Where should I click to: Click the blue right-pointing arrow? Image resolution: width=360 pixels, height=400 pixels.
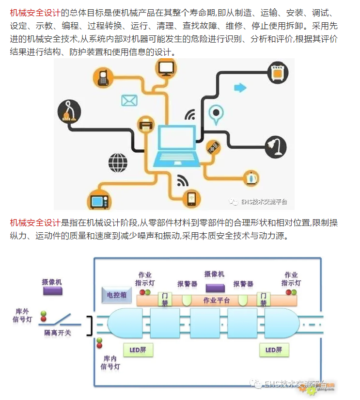pos(240,88)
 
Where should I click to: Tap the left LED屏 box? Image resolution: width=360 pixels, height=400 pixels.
pos(137,349)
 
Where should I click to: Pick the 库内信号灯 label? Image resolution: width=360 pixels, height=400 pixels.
pos(110,362)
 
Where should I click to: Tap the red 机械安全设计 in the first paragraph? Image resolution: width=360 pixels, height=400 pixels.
pos(35,13)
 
